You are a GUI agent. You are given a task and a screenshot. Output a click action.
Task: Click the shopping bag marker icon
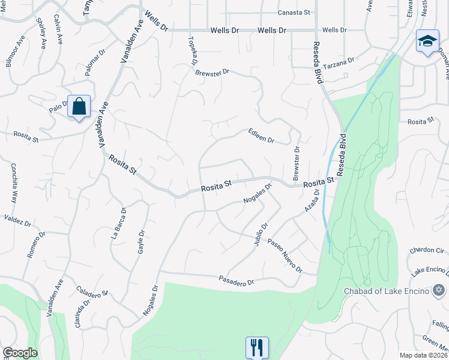pyautogui.click(x=79, y=107)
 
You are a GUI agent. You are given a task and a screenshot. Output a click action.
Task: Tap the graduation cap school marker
pyautogui.click(x=427, y=41)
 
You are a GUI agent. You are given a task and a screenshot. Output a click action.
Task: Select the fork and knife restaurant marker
pyautogui.click(x=256, y=346)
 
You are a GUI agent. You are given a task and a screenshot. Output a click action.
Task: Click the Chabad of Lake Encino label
pyautogui.click(x=387, y=292)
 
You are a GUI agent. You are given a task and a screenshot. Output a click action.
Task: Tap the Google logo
pyautogui.click(x=20, y=353)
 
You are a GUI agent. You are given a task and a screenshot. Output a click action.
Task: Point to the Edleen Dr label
pyautogui.click(x=261, y=136)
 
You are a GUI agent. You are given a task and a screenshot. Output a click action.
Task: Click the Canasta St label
pyautogui.click(x=293, y=13)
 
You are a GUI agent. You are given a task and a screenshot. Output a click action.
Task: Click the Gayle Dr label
pyautogui.click(x=142, y=242)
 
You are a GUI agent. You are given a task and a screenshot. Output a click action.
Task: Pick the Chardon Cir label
pyautogui.click(x=426, y=250)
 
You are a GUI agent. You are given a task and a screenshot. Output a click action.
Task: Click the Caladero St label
pyautogui.click(x=91, y=289)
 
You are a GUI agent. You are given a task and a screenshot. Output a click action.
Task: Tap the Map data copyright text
pyautogui.click(x=423, y=355)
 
